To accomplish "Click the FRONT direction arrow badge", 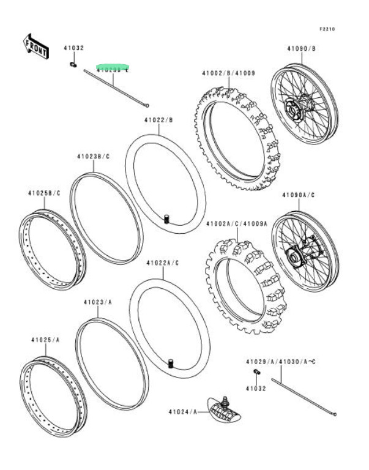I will point(35,47).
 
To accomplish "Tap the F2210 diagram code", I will point(327,29).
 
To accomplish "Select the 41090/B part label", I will point(301,48).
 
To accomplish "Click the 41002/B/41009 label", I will point(229,73).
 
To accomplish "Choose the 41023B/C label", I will point(93,157).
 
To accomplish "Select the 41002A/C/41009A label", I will point(237,224).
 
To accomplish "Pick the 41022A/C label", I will point(162,263).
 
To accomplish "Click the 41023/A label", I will point(98,302).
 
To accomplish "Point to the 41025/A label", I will point(45,339).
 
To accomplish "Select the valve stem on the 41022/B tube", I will point(166,218).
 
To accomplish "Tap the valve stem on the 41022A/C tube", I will point(171,365).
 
